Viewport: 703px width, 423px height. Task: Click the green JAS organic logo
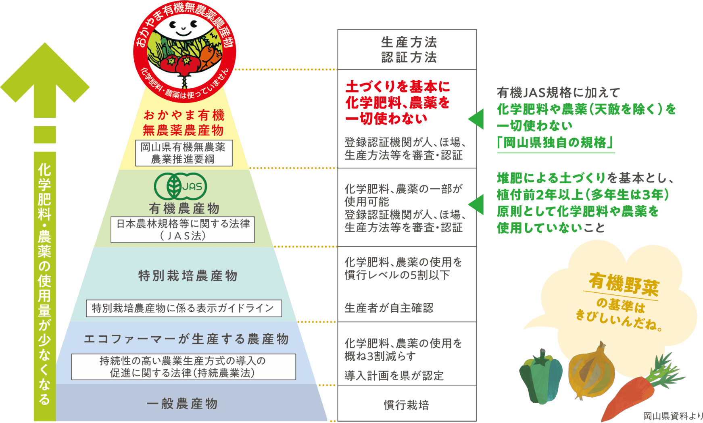(180, 186)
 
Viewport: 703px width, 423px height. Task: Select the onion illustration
(591, 371)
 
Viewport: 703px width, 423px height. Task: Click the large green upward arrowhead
(45, 77)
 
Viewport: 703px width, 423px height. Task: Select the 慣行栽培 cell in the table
(406, 404)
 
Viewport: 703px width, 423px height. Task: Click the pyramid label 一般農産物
(182, 403)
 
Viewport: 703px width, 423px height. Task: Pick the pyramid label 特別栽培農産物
(188, 276)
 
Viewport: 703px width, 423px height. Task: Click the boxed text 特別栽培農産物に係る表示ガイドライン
(184, 308)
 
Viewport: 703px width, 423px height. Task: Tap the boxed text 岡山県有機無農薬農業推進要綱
(184, 153)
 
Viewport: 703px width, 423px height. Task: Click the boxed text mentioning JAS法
(183, 229)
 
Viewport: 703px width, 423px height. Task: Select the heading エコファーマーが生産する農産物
(186, 339)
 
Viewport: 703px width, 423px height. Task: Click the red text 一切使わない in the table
(386, 119)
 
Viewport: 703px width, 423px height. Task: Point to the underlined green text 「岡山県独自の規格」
(555, 142)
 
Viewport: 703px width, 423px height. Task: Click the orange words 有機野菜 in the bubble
(624, 283)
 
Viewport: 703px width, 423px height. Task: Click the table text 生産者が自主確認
(389, 308)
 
